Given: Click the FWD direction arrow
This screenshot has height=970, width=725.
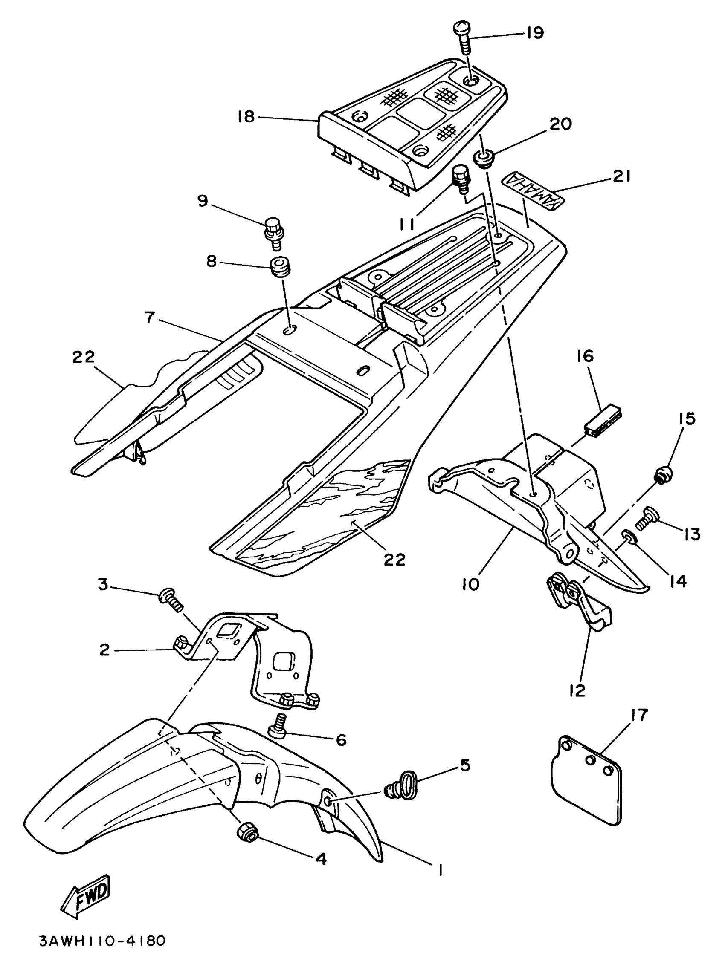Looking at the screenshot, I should (86, 901).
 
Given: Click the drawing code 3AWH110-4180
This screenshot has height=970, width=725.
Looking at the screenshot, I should (102, 953).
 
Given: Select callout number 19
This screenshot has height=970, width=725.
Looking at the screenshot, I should (534, 33).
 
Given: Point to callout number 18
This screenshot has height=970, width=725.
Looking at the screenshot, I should (246, 117).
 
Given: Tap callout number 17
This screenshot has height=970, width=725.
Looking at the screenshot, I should (639, 715).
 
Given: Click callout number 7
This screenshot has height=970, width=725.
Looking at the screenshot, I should (150, 317).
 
